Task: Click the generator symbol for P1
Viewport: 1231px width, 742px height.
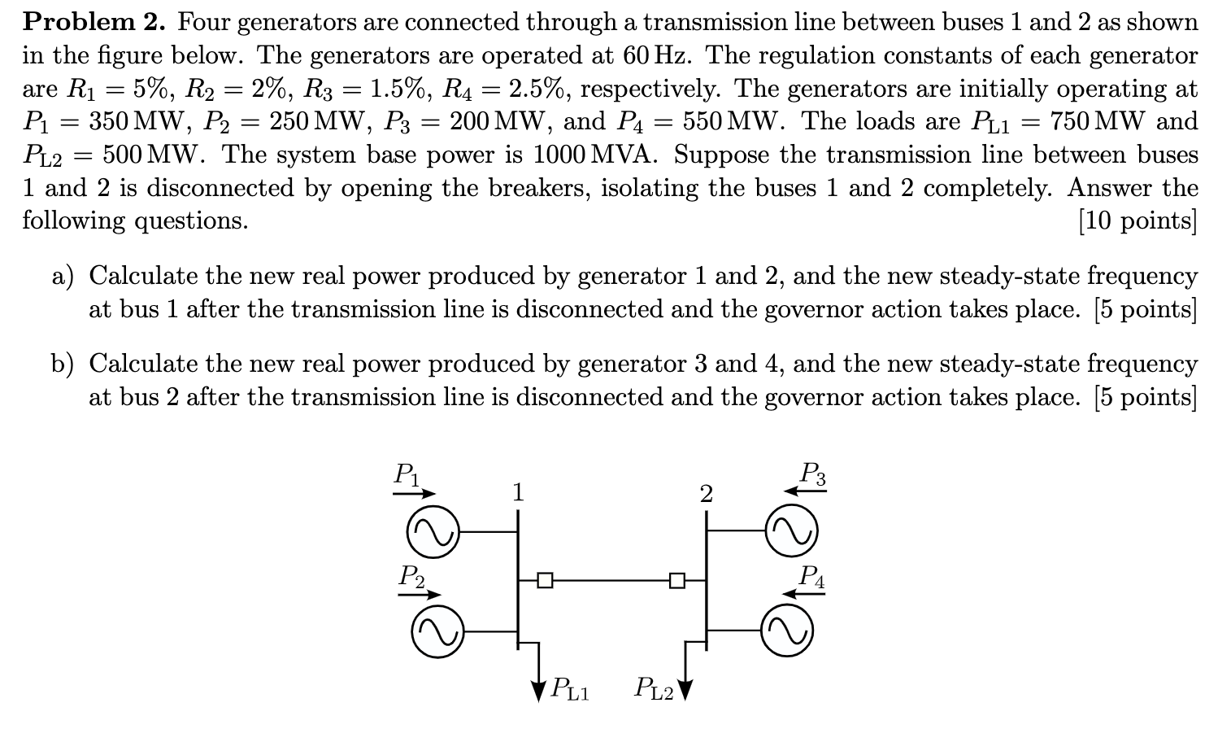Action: [432, 534]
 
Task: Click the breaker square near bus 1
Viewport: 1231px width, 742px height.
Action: [545, 580]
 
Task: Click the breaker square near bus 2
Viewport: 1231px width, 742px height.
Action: [676, 580]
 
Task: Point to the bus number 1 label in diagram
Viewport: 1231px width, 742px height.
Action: [518, 492]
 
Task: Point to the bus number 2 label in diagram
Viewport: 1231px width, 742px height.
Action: [706, 494]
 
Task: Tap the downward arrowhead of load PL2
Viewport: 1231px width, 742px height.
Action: [685, 691]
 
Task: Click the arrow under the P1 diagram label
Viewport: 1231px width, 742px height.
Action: [417, 493]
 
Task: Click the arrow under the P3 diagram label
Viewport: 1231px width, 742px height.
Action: [804, 491]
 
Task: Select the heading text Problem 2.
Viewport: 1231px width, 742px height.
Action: [94, 22]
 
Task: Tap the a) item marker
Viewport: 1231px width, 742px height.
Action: [63, 277]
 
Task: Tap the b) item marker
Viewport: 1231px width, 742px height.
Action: [63, 364]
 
